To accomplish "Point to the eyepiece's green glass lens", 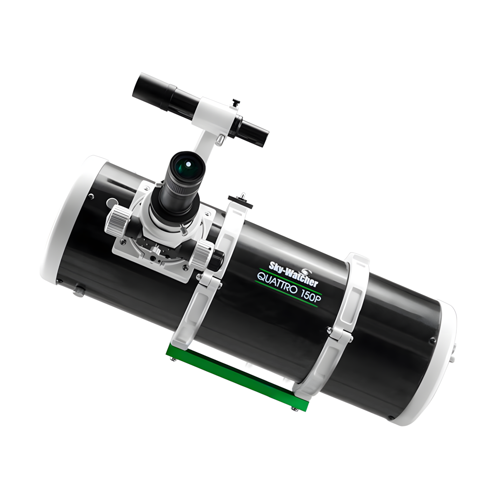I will (187, 165).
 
